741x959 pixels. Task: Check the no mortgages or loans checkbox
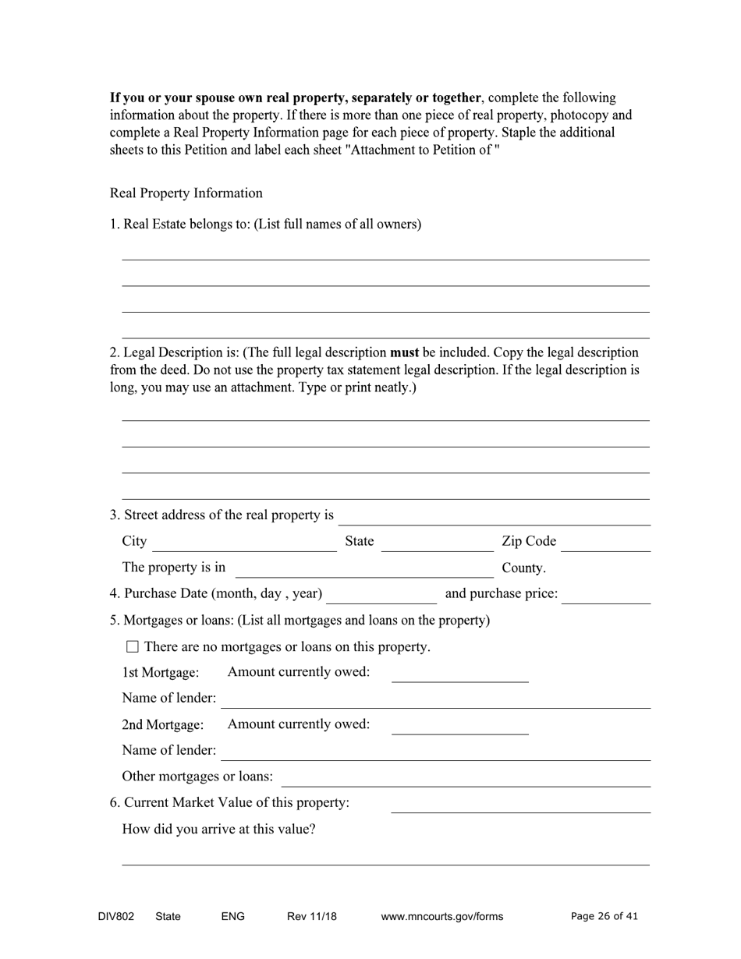[132, 646]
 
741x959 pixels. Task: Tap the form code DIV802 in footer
[116, 916]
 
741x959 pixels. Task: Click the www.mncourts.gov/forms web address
[441, 916]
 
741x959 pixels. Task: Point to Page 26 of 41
[604, 916]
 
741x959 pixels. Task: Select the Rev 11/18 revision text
[311, 916]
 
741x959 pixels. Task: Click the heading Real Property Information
[186, 193]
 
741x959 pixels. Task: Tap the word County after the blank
[523, 568]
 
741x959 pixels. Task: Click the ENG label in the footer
[232, 916]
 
